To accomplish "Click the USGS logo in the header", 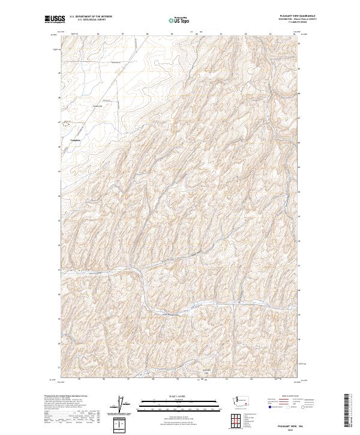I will (x=55, y=19).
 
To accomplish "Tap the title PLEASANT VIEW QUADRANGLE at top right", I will (x=294, y=16).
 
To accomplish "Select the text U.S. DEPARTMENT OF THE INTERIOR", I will (x=91, y=17).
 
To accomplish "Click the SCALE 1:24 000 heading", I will (x=179, y=395).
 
